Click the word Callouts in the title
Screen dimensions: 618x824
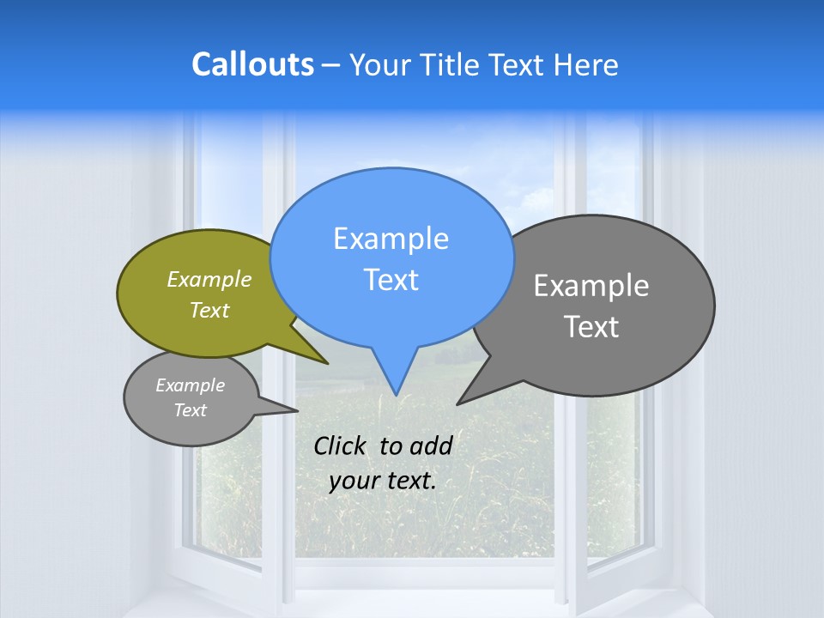click(x=252, y=65)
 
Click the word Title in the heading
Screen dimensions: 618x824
click(x=453, y=65)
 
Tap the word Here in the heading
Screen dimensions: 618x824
click(x=585, y=65)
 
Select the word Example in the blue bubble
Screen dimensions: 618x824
click(x=391, y=239)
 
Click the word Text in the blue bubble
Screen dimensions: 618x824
click(x=391, y=280)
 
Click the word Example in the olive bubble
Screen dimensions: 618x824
click(x=209, y=280)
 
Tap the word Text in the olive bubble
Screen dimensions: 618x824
click(x=209, y=311)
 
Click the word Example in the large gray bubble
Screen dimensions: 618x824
click(x=591, y=286)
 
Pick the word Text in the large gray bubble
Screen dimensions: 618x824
click(x=591, y=327)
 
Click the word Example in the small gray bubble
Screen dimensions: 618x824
click(x=191, y=385)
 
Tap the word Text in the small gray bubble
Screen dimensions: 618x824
click(x=191, y=410)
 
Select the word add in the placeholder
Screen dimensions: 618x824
click(x=431, y=445)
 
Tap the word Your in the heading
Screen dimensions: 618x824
click(x=380, y=65)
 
